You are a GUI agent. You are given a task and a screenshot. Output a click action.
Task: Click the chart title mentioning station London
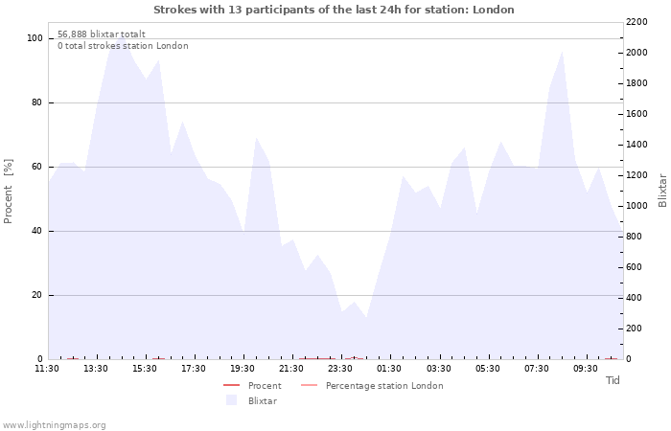(x=334, y=10)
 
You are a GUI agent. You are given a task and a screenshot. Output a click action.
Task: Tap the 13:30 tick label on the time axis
(x=96, y=368)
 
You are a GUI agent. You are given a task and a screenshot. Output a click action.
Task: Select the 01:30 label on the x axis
(x=389, y=368)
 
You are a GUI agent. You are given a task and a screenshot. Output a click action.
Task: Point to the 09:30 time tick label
(x=585, y=368)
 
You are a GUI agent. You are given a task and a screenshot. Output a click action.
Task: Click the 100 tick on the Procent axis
(x=35, y=38)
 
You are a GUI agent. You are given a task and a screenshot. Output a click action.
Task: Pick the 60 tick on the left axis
(x=36, y=167)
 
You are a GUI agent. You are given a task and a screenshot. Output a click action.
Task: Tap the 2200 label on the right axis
(x=636, y=22)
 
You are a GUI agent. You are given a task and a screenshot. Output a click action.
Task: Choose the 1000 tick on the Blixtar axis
(x=636, y=206)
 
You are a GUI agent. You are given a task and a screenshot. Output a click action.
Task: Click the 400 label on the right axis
(x=635, y=298)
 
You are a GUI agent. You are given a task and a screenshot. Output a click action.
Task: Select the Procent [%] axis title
(x=8, y=192)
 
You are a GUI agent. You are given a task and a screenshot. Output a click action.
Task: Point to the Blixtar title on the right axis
(x=662, y=191)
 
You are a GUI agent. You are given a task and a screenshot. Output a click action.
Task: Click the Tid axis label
(x=613, y=380)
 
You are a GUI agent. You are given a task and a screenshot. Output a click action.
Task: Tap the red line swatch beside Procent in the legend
(x=232, y=385)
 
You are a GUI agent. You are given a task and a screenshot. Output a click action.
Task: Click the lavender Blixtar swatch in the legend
(x=232, y=400)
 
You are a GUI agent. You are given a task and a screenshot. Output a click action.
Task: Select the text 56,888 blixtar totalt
(x=102, y=34)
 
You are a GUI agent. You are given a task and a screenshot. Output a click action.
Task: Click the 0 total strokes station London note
(x=123, y=46)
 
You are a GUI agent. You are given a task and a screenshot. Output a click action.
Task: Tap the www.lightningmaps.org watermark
(x=54, y=425)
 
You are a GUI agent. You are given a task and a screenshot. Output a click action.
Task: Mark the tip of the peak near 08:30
(x=562, y=52)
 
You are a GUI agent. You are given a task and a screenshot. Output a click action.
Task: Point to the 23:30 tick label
(x=340, y=368)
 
